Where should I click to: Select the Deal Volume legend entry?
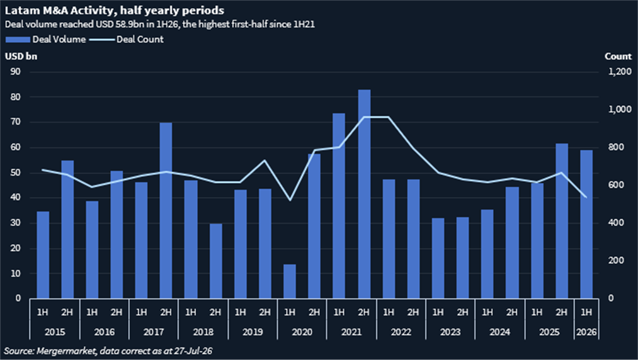coord(45,40)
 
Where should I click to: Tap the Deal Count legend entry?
coord(127,40)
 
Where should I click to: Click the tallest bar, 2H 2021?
coord(364,194)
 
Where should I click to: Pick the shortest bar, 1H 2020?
coord(290,281)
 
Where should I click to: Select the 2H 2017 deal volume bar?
coord(166,211)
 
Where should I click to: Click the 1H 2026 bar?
coord(586,224)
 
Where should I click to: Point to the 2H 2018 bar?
coord(215,261)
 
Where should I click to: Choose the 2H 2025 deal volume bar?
coord(562,221)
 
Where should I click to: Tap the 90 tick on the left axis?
coord(16,72)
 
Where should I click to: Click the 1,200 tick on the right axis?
coord(620,72)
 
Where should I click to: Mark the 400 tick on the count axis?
coord(615,223)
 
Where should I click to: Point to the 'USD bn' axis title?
coord(21,56)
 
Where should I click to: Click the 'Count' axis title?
coord(618,56)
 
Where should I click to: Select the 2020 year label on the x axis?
coord(302,332)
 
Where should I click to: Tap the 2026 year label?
coord(586,332)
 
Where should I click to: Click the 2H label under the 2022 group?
coord(413,312)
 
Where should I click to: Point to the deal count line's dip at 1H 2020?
coord(290,200)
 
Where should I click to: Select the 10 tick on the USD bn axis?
coord(16,273)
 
